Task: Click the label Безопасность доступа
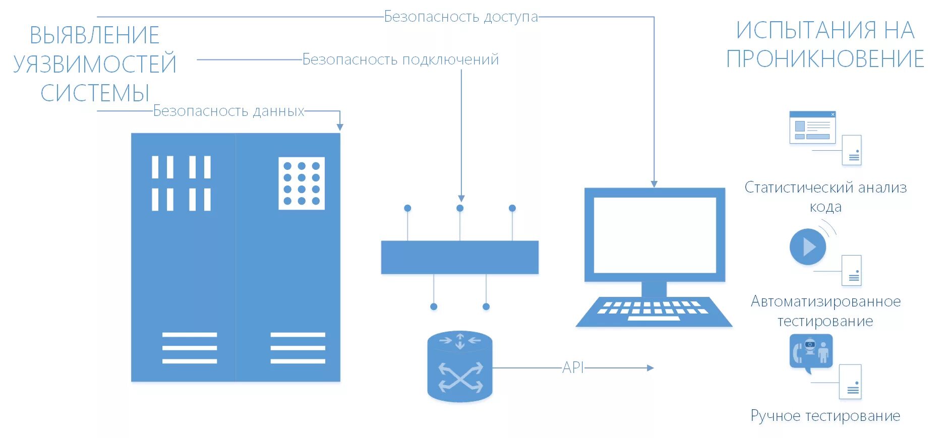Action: point(460,17)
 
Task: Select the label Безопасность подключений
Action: point(400,59)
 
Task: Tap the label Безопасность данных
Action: point(228,111)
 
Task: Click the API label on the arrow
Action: point(573,367)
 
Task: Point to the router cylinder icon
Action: point(459,366)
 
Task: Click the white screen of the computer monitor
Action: point(655,235)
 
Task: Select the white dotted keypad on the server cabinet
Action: point(302,183)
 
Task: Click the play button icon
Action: point(807,246)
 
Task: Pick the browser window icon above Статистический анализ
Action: point(812,128)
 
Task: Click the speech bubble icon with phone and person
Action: point(810,352)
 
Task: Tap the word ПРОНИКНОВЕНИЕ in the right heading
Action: point(825,59)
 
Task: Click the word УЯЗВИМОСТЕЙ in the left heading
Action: point(95,64)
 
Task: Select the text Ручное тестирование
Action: point(825,415)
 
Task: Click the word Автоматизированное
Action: point(826,301)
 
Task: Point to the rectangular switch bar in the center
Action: point(459,257)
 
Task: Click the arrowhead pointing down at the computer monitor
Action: point(654,184)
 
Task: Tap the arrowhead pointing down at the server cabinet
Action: point(340,127)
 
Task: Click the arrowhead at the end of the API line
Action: point(650,368)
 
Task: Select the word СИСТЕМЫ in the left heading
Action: point(95,93)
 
